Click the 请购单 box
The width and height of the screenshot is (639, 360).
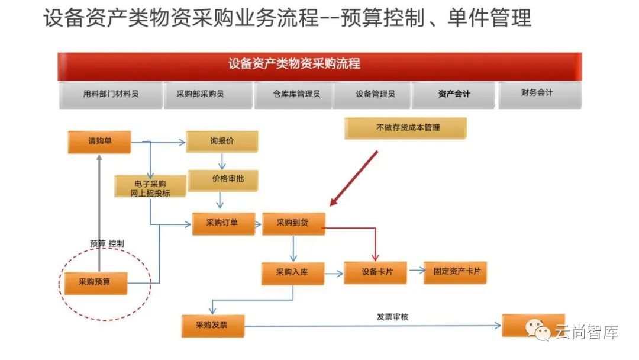point(99,142)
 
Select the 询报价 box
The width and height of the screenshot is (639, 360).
point(222,142)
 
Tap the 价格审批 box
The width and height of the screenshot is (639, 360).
point(223,179)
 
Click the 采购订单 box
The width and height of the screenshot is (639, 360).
point(223,223)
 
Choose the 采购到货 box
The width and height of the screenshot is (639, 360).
point(293,223)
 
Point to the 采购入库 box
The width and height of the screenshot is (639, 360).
point(293,273)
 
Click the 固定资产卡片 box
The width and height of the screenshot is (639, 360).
point(455,272)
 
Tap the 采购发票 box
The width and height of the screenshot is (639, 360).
point(213,325)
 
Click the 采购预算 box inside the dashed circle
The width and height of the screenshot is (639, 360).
point(95,282)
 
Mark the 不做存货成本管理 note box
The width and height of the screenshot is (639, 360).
point(406,128)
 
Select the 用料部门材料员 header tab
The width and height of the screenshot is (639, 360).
point(111,94)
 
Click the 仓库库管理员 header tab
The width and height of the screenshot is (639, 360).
point(294,94)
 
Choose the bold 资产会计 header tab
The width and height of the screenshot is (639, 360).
point(454,94)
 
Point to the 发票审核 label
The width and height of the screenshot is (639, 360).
point(392,317)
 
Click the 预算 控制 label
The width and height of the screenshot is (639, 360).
point(107,243)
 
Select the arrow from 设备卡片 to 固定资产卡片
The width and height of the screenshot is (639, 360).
point(417,272)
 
